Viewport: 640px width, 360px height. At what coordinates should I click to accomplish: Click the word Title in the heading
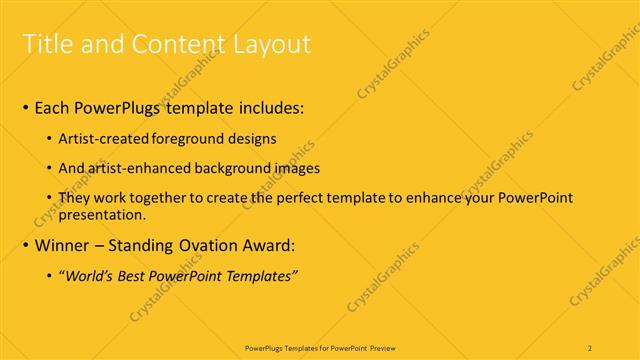click(46, 44)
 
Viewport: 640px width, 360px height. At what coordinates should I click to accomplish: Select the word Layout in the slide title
click(266, 44)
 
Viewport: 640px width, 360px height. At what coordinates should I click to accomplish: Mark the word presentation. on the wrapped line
click(103, 214)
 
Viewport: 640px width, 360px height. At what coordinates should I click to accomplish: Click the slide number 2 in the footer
click(590, 347)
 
